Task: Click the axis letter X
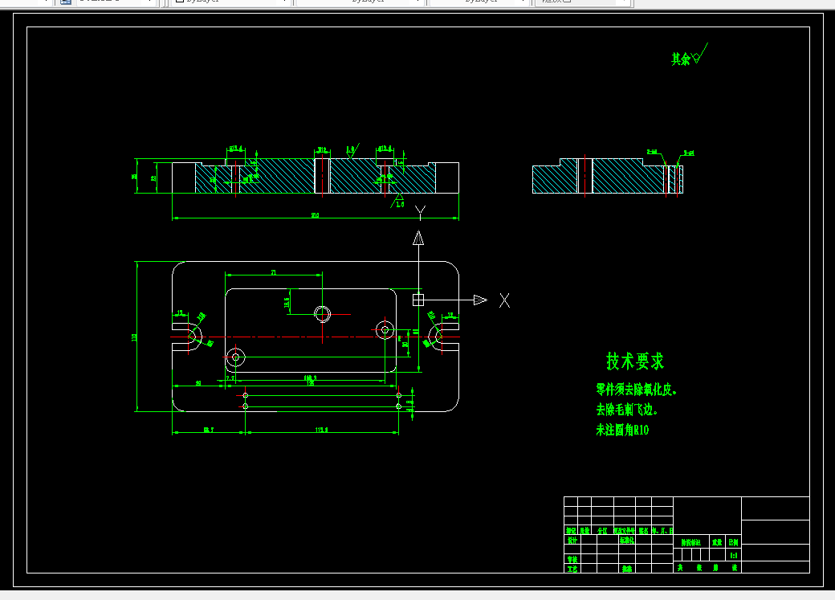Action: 504,300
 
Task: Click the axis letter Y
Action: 419,212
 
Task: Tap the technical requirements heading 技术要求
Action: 635,361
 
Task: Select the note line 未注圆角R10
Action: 621,431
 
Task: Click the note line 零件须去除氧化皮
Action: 637,390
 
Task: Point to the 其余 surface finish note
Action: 682,59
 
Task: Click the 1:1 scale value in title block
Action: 733,555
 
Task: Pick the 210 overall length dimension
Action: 315,214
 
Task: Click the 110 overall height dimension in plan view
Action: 134,337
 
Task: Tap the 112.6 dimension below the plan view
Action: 322,431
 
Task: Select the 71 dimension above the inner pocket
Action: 274,273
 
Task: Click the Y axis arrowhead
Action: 418,238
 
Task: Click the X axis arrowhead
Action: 480,300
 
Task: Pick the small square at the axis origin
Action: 418,300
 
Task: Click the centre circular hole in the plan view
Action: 323,313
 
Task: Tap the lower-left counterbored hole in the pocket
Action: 235,357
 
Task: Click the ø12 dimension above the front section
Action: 321,149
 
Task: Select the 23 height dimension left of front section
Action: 153,178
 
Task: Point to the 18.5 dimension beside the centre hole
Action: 287,302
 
